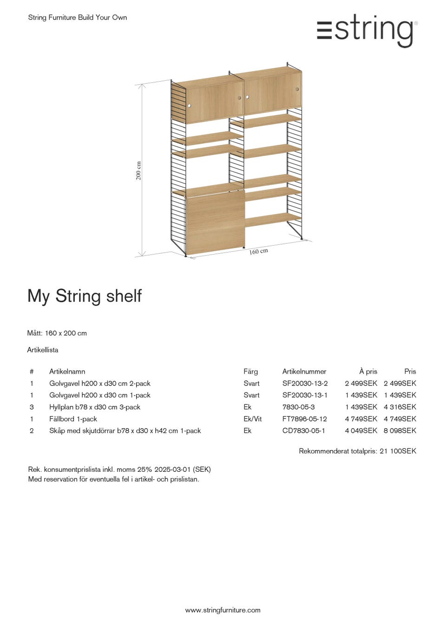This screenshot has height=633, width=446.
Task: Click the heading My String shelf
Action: (x=85, y=296)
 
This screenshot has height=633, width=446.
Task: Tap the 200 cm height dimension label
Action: (x=138, y=170)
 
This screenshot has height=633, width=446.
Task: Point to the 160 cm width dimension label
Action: (x=258, y=251)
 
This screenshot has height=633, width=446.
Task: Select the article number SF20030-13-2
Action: (x=305, y=384)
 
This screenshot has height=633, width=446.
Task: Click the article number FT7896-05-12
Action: (x=304, y=419)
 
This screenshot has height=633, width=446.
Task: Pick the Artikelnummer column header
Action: (x=304, y=372)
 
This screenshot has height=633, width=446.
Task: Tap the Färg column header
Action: (x=250, y=372)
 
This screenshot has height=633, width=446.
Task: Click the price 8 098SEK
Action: (x=400, y=431)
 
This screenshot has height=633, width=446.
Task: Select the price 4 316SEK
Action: (x=400, y=407)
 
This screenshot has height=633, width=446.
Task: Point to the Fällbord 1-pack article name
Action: (x=73, y=419)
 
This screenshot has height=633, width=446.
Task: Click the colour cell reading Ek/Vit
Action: (x=252, y=419)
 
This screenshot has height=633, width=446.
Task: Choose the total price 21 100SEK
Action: (x=398, y=451)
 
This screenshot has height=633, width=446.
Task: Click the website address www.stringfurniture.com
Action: (x=223, y=610)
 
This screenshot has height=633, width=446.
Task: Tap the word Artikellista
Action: (x=43, y=350)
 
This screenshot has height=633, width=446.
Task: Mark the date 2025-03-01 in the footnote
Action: (x=172, y=470)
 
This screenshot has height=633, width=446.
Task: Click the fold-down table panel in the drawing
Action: (x=215, y=223)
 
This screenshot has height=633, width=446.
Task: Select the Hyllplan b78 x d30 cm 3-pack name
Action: (x=95, y=407)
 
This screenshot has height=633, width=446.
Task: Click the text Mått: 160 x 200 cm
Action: (x=57, y=333)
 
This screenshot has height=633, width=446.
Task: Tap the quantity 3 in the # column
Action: (x=32, y=407)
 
